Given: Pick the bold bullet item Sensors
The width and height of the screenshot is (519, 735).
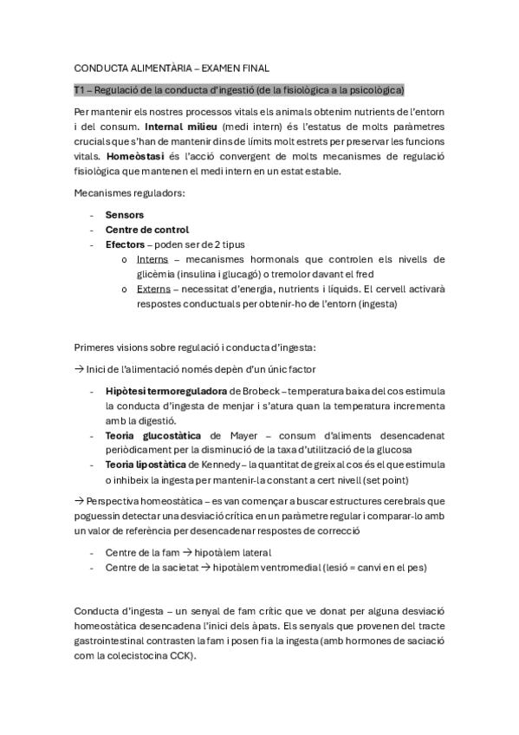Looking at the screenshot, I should pos(124,214).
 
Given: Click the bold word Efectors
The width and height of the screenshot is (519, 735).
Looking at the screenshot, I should pos(124,244).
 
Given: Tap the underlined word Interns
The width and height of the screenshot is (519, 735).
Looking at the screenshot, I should pos(152,259).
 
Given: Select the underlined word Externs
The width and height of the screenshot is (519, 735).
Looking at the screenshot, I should pos(154,289).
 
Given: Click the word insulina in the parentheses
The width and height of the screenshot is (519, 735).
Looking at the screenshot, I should pos(199,274).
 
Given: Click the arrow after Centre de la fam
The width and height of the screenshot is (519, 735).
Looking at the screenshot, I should pos(188,552).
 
